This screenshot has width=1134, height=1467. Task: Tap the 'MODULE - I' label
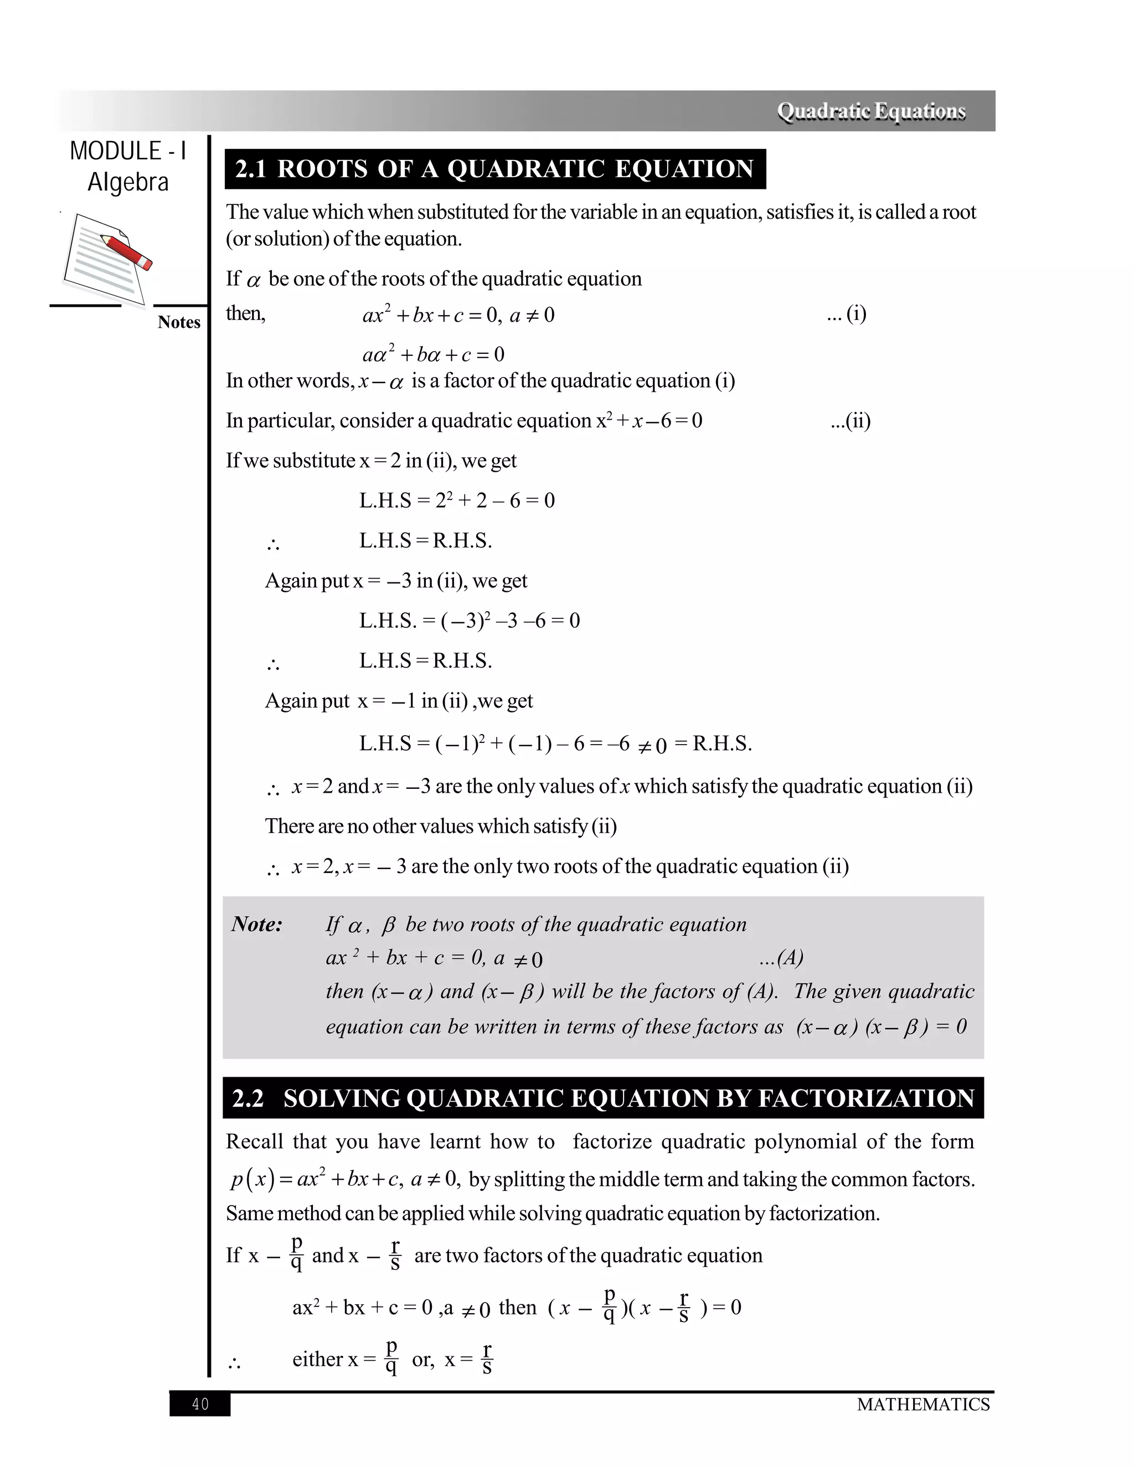[128, 151]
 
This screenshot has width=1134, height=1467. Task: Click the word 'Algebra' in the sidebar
[128, 182]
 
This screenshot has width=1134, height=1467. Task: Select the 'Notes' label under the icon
[179, 322]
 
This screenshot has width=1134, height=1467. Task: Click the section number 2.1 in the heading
[251, 169]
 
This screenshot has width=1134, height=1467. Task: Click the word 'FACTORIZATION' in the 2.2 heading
[866, 1098]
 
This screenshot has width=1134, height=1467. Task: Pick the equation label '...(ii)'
[850, 421]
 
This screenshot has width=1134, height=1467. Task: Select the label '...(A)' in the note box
[781, 957]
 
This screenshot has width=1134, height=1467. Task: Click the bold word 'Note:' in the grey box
[256, 924]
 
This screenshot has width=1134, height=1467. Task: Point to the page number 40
[200, 1404]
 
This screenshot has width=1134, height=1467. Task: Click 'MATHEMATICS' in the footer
[923, 1404]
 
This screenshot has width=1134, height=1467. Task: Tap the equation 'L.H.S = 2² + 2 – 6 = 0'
[457, 500]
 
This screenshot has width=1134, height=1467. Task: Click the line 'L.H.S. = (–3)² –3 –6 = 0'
[469, 620]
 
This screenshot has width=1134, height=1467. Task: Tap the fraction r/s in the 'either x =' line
[487, 1359]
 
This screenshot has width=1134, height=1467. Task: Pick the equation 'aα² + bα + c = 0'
[434, 354]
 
